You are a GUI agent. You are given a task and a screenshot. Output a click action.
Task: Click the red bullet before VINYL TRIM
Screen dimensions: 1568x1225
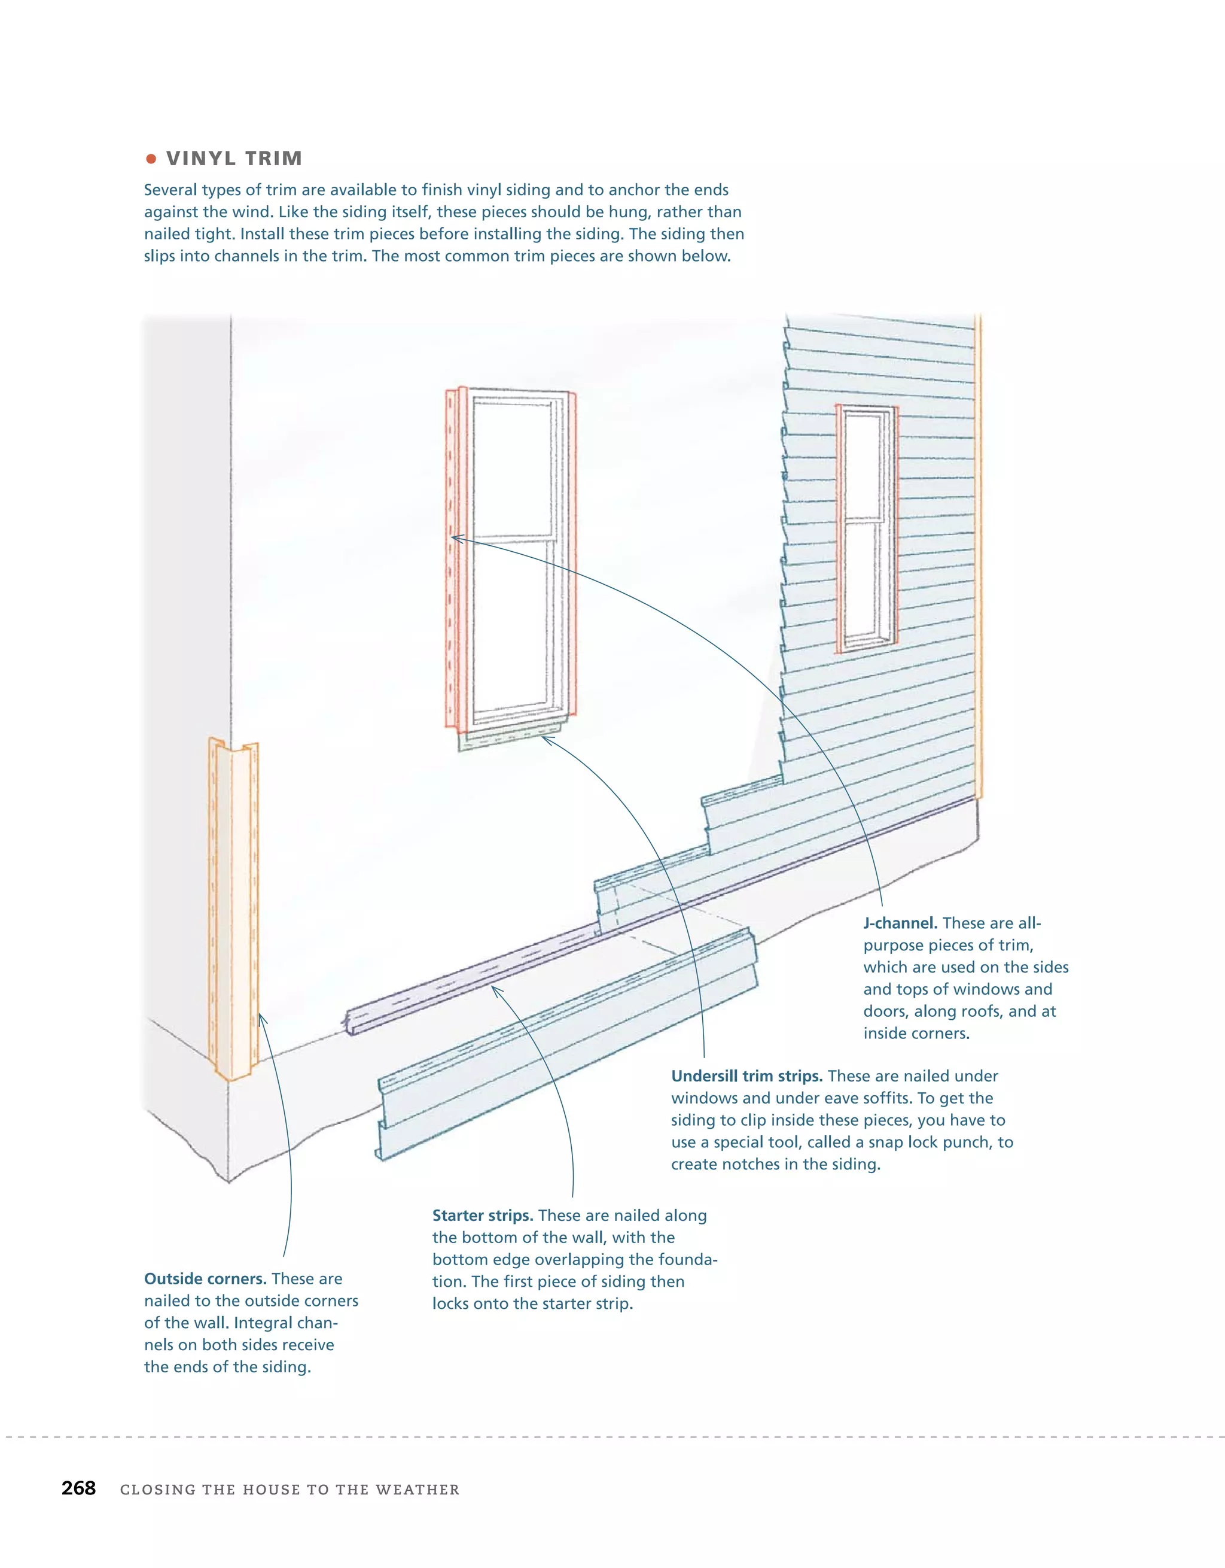(151, 159)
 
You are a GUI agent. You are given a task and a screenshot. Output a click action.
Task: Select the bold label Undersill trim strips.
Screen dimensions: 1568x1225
(746, 1076)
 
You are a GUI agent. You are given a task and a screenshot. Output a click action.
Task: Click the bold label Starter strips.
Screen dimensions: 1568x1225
(482, 1215)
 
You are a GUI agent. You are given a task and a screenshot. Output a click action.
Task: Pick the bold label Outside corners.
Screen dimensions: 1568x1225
(205, 1279)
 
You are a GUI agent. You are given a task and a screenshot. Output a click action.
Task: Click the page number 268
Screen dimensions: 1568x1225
(78, 1488)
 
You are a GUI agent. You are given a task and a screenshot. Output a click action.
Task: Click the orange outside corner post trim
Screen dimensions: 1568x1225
(234, 905)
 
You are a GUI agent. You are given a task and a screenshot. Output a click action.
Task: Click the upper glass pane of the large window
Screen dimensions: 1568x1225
(511, 467)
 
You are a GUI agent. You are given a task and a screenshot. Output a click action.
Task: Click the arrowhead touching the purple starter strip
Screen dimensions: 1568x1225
(496, 990)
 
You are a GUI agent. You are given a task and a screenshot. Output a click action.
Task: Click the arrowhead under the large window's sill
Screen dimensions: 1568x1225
(547, 740)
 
